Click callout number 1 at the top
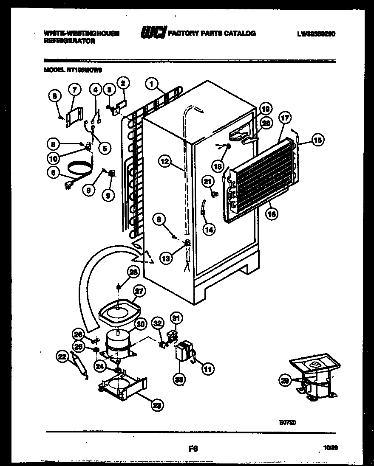click(x=151, y=84)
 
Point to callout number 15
click(x=317, y=140)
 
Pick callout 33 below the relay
click(x=179, y=379)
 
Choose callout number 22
click(x=63, y=358)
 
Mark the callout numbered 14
click(x=208, y=229)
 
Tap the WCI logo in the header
click(x=153, y=33)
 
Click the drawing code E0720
click(x=287, y=422)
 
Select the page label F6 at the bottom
click(x=193, y=448)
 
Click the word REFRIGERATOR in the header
click(x=69, y=41)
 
